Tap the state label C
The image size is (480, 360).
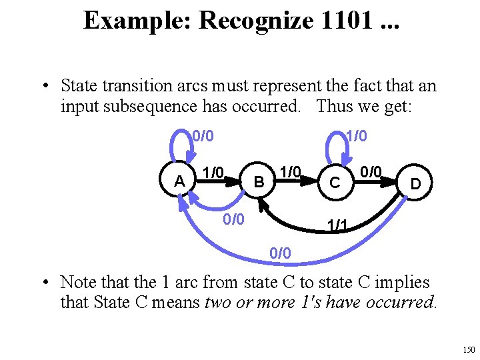(336, 182)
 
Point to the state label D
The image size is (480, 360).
(415, 182)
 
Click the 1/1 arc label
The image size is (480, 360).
(337, 227)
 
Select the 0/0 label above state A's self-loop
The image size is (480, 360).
(203, 137)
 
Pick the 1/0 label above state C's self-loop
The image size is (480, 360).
(356, 137)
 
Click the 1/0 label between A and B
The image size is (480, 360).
(213, 173)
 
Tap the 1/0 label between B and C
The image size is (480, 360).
(290, 173)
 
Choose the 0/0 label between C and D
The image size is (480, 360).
(371, 173)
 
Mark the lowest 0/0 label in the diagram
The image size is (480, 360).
(280, 253)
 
